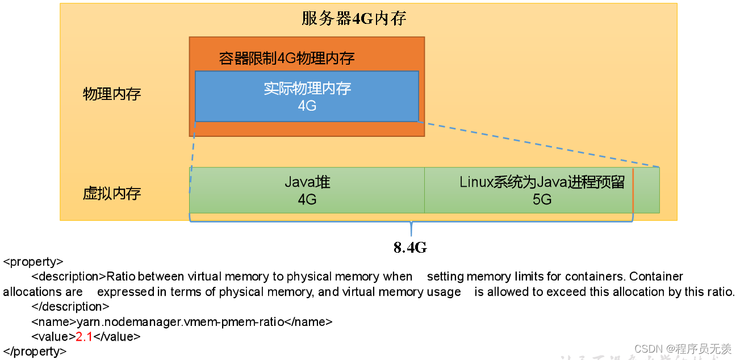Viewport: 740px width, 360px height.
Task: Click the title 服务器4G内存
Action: (354, 19)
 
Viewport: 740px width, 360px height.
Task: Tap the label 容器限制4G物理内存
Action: (287, 58)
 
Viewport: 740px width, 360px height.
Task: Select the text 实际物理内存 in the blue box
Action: (307, 89)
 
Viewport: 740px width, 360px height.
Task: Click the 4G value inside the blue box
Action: (307, 106)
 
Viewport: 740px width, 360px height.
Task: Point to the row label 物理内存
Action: (112, 94)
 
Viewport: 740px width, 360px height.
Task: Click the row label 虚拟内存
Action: (112, 194)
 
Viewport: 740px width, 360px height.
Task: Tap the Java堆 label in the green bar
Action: (307, 182)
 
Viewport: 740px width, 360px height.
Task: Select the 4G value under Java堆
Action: (307, 199)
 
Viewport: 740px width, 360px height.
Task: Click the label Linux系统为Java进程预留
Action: (542, 182)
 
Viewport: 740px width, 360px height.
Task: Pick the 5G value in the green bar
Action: (542, 199)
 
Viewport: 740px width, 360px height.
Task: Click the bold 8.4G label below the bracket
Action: (410, 248)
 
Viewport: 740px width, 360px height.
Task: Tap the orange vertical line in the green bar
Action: (633, 190)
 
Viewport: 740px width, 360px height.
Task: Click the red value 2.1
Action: (84, 336)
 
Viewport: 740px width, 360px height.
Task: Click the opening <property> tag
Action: (33, 262)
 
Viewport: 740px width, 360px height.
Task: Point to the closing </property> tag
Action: (35, 351)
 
